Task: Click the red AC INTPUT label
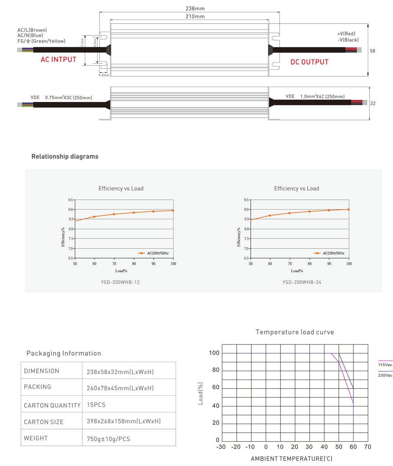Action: pos(58,60)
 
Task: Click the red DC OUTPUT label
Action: pos(309,62)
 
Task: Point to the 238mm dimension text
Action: pos(195,9)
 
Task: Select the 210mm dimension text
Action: pos(195,16)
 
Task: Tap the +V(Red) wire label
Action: pos(346,34)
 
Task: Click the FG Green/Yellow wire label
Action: pos(42,41)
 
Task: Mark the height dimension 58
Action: pos(372,51)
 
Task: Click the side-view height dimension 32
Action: pos(373,103)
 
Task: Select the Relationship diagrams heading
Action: pos(65,156)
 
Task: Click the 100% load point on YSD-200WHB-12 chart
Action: pos(173,211)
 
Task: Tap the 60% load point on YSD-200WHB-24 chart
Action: pos(270,216)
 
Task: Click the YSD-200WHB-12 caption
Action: pos(120,282)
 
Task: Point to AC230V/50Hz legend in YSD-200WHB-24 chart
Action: pos(333,253)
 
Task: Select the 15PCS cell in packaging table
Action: pos(96,405)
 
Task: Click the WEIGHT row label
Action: pos(36,438)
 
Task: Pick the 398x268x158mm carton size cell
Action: pos(123,421)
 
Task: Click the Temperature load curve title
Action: pos(295,332)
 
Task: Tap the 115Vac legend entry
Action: pos(385,365)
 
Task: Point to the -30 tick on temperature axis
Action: pos(221,447)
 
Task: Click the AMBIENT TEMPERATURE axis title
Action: pos(291,458)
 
